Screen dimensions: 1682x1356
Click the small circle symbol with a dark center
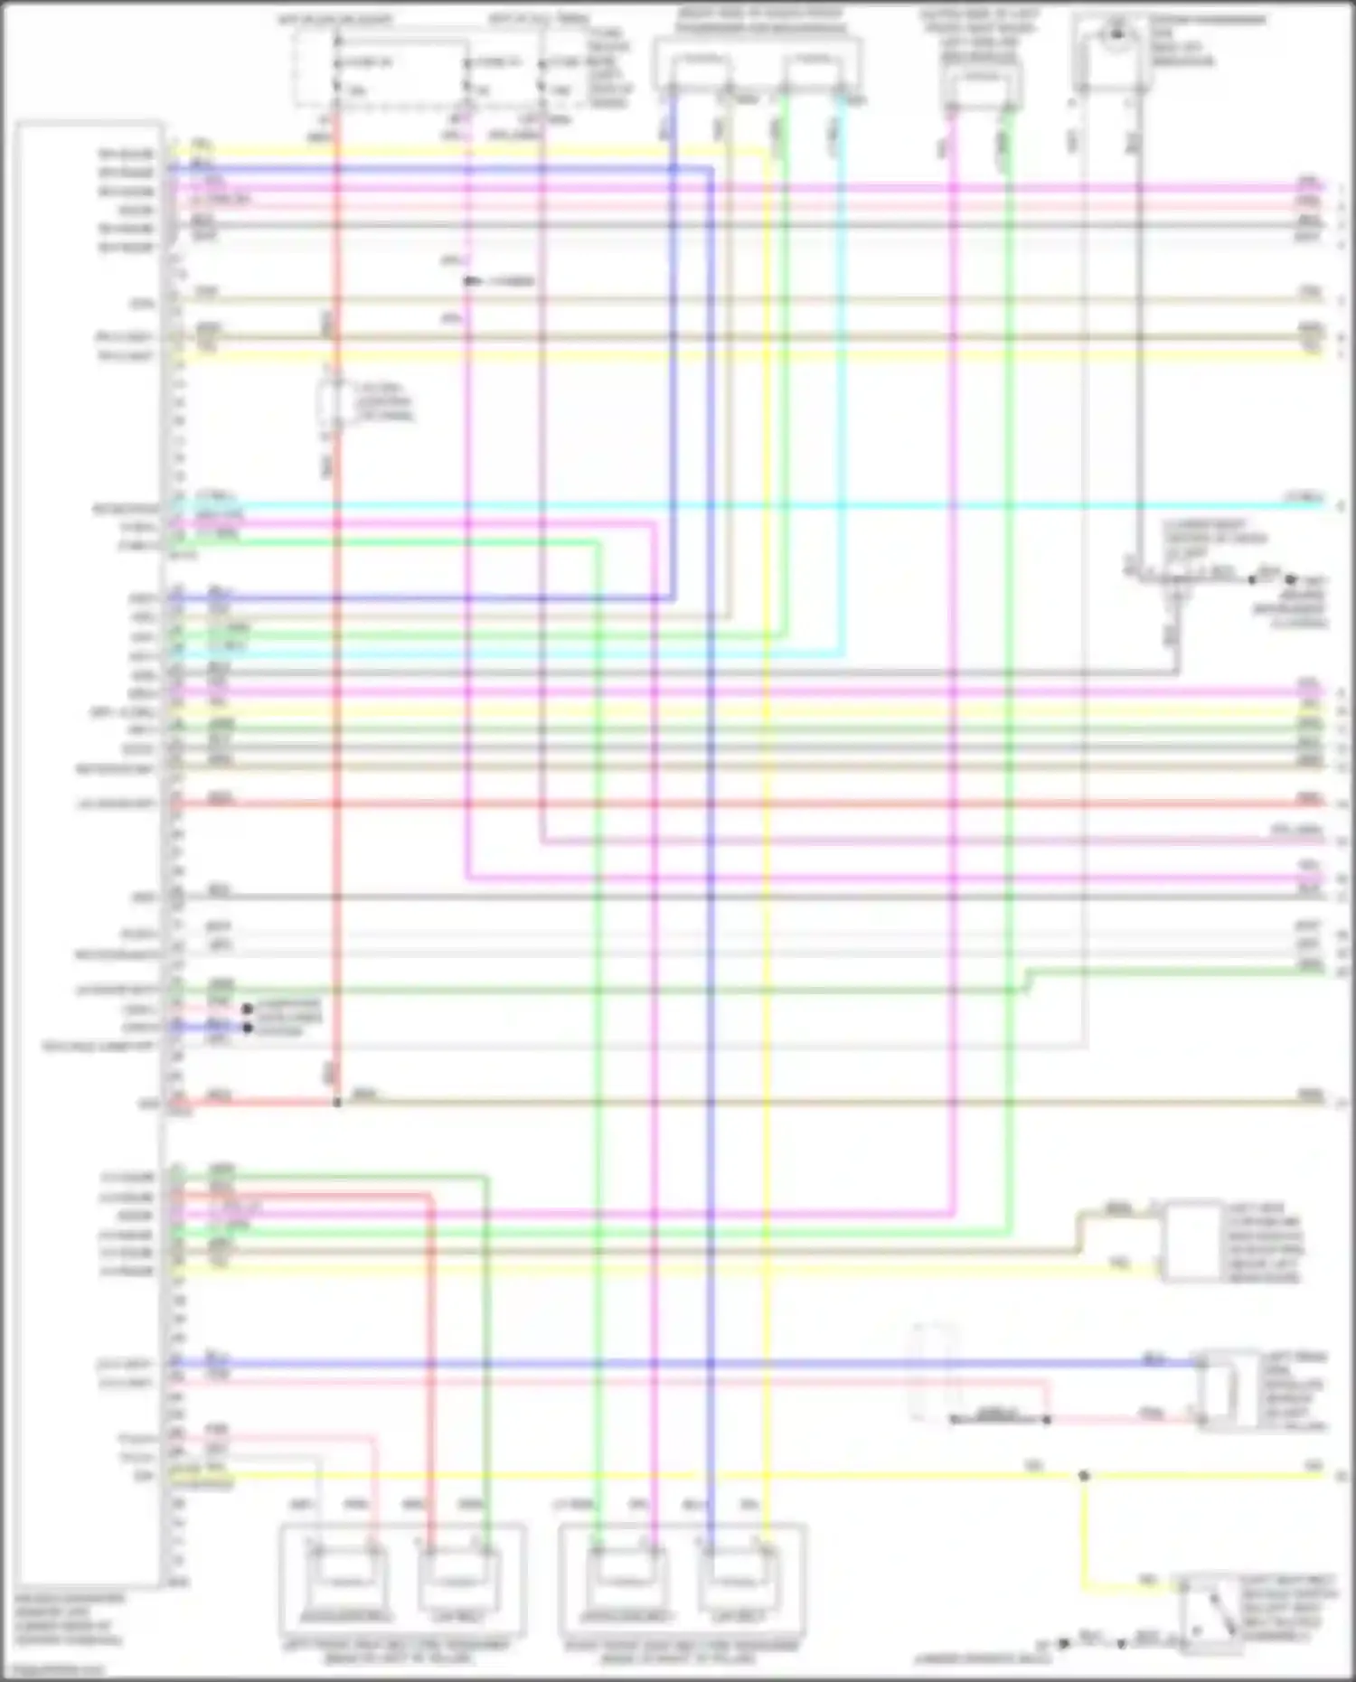(1117, 34)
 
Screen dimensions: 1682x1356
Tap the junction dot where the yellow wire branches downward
(1084, 1475)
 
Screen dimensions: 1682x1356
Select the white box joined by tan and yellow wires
(1193, 1240)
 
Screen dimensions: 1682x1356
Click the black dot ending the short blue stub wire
(247, 1028)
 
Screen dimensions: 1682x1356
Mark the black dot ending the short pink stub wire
(247, 1009)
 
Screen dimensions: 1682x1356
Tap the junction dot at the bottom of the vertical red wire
(337, 1102)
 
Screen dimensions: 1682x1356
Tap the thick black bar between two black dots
(1000, 1419)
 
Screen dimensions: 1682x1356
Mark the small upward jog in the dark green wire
(1027, 981)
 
